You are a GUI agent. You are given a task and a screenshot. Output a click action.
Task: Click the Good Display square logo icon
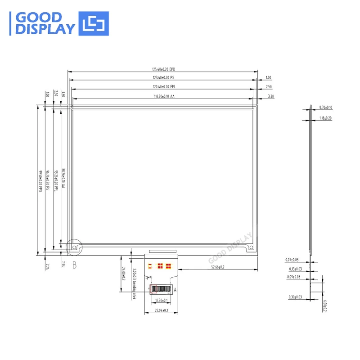click(94, 23)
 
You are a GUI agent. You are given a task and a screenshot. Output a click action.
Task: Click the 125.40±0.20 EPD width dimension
click(163, 69)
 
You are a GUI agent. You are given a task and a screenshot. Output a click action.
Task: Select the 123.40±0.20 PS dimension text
click(163, 77)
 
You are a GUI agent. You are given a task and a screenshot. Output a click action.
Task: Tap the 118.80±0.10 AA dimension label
click(163, 96)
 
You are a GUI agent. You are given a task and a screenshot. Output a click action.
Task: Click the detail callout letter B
click(75, 265)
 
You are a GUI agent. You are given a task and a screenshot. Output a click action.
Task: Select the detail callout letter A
click(175, 290)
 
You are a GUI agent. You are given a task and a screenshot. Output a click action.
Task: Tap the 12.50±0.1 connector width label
click(161, 300)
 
